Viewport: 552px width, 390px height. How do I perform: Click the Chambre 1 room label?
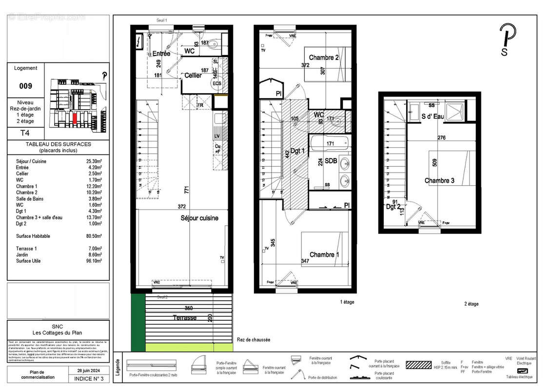tap(322, 254)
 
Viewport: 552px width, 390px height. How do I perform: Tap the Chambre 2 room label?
tap(324, 58)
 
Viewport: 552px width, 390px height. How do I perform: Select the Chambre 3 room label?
tap(439, 181)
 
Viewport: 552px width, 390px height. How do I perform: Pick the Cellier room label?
tap(193, 76)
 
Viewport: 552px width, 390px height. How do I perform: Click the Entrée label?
tap(161, 54)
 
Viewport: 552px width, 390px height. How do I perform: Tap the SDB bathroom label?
tap(332, 160)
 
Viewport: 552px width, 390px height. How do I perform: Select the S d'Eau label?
tap(433, 117)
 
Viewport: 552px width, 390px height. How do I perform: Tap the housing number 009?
tap(25, 86)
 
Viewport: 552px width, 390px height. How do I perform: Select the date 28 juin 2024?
tap(86, 371)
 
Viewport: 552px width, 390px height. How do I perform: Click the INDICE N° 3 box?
tap(89, 378)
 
